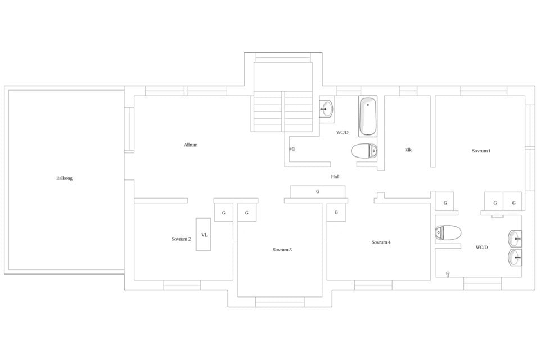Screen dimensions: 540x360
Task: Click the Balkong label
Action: (64, 178)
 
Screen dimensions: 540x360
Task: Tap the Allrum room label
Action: (191, 145)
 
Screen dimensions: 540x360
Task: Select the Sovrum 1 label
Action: (481, 151)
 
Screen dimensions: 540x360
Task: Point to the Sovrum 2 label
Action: (181, 239)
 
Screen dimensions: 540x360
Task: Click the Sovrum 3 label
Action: (282, 250)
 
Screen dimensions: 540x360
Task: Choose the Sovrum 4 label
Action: (381, 242)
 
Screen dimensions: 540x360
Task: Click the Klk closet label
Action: (408, 150)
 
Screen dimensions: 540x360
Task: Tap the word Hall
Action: (335, 177)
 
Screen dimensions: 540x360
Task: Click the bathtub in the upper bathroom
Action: (368, 116)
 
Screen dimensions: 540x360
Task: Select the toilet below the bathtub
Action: (364, 151)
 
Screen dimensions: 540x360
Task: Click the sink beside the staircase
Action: (326, 109)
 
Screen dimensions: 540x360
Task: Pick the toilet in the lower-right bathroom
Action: (448, 232)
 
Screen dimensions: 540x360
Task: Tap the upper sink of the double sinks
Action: (515, 238)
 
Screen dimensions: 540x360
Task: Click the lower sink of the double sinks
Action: (515, 257)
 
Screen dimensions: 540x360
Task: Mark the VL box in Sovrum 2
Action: (204, 235)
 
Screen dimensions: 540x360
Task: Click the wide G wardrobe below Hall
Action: (317, 192)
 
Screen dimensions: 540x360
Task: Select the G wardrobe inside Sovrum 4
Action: (336, 212)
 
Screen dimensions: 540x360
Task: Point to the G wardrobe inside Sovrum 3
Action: (247, 212)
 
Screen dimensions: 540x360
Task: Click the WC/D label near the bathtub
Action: (343, 133)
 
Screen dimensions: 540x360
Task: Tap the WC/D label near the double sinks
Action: (482, 247)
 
